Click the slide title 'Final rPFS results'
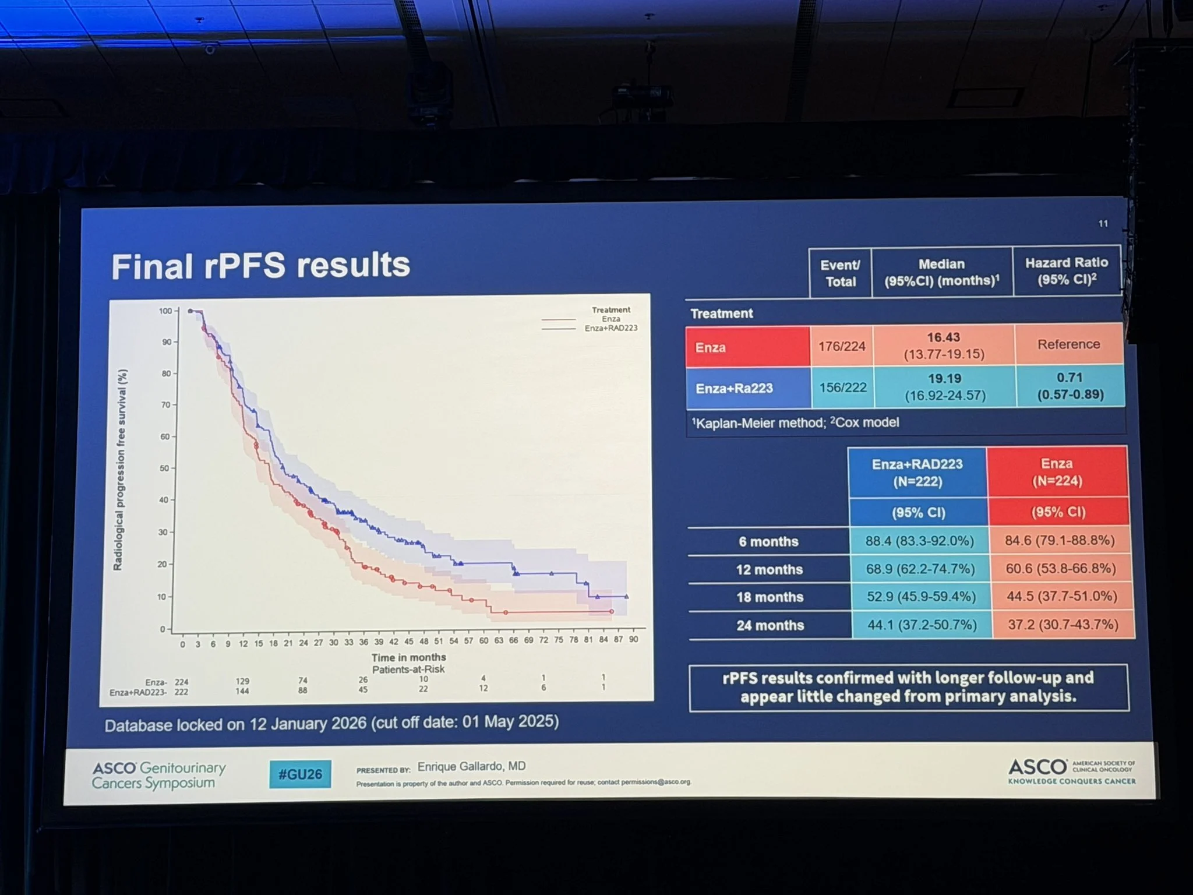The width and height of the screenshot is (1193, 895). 260,266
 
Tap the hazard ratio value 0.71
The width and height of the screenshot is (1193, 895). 1070,378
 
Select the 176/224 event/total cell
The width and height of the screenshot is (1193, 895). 842,346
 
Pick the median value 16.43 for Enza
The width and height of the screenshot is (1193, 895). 943,337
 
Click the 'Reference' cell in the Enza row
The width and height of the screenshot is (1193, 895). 1068,344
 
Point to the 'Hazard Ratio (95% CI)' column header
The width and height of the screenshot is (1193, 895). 1067,271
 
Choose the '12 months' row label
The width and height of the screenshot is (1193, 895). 769,569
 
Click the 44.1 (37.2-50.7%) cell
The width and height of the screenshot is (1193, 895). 922,625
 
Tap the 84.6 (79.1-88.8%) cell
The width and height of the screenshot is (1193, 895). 1060,540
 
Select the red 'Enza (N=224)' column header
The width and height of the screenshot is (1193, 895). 1057,472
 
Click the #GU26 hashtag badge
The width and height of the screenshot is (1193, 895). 300,774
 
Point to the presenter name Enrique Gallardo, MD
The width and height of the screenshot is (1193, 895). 471,766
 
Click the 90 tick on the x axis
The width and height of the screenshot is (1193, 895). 633,639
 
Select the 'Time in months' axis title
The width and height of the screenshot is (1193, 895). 408,657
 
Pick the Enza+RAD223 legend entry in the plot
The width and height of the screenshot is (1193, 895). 610,328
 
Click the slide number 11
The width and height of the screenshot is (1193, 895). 1103,224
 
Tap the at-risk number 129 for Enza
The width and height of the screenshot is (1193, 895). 242,681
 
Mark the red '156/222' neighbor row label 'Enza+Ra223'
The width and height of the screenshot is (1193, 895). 734,388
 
